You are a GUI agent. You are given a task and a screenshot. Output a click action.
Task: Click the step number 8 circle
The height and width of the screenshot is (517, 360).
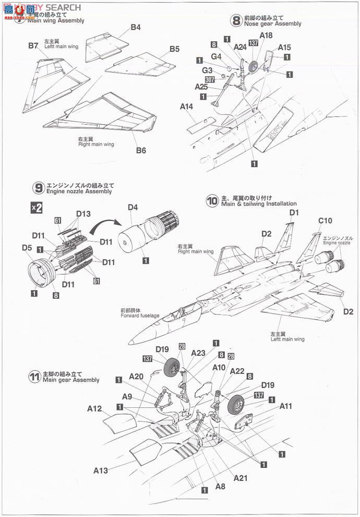[236, 20]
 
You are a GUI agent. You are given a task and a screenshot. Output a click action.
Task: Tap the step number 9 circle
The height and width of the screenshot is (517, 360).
[38, 188]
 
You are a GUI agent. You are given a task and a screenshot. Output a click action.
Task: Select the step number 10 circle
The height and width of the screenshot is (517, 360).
[212, 200]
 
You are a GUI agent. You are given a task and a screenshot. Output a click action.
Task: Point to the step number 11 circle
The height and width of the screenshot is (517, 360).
[35, 377]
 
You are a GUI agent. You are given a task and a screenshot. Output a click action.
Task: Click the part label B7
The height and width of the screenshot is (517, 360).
[33, 46]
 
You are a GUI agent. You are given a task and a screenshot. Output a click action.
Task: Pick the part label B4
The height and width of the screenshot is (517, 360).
[136, 27]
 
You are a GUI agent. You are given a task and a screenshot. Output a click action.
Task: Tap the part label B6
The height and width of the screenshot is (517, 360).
[141, 150]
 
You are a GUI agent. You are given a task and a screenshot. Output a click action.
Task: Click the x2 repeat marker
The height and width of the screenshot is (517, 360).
[36, 207]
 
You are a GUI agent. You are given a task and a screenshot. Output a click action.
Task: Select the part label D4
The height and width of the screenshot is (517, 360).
[133, 208]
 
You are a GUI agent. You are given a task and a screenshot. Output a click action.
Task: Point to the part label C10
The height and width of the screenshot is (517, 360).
[325, 220]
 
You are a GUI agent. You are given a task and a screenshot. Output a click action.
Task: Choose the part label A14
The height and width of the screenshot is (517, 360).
[187, 107]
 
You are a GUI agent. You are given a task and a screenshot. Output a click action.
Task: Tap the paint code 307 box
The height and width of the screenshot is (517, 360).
[210, 80]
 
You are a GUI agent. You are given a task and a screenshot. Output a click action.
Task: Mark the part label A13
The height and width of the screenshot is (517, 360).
[101, 471]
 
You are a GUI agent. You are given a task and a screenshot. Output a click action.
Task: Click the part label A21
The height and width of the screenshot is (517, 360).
[241, 478]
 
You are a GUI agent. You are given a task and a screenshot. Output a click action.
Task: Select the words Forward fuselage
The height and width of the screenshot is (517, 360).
[139, 315]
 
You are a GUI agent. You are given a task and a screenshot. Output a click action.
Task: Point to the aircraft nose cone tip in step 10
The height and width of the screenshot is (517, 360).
[129, 343]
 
